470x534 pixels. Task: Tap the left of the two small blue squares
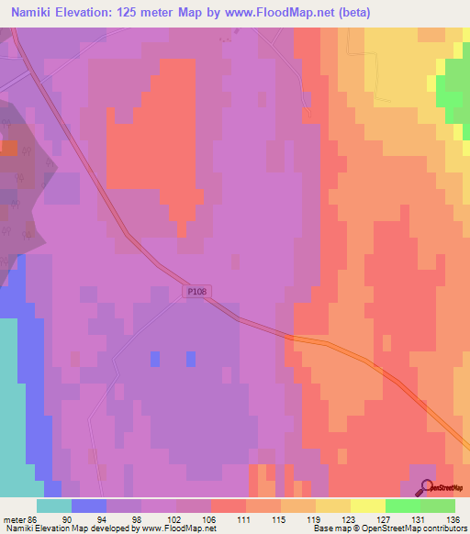(x=154, y=357)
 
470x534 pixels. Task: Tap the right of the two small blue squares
(x=191, y=357)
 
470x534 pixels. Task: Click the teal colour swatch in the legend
(x=54, y=506)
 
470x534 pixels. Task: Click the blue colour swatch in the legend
(x=89, y=506)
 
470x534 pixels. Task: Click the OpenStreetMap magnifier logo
(x=426, y=489)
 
